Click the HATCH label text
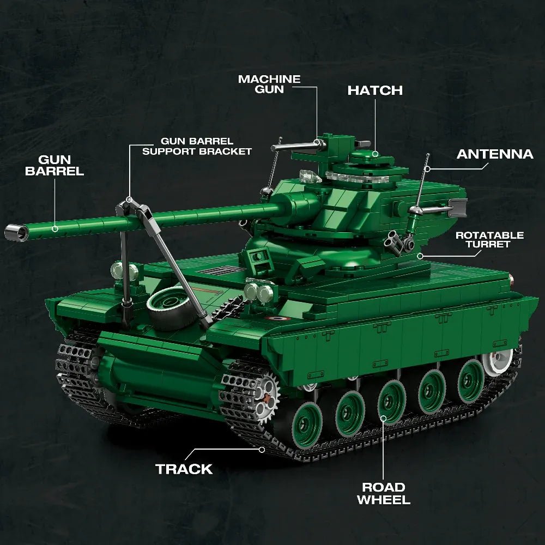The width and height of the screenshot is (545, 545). point(375,90)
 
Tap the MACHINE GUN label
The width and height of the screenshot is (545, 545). point(269,84)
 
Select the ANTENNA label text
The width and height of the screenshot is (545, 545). point(495,154)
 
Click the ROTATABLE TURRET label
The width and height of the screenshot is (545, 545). point(489,239)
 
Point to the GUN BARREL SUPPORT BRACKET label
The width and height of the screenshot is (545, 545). point(197,146)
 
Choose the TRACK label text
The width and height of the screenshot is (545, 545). point(184,469)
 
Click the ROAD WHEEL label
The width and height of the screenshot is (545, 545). point(383,493)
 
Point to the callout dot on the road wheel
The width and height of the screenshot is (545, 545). point(383,419)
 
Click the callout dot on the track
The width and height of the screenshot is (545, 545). point(262,450)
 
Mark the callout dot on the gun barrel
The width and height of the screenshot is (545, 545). point(55,229)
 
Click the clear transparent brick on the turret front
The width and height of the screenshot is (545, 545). point(308,177)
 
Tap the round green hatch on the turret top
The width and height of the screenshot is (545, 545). point(374,155)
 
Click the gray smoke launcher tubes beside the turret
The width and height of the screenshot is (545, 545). point(397,240)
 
